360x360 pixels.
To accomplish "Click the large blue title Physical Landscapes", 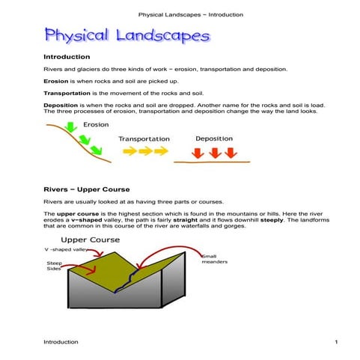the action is (x=126, y=35).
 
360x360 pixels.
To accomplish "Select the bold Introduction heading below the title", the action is (x=67, y=57).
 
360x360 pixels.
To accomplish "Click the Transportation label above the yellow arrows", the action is (x=144, y=138).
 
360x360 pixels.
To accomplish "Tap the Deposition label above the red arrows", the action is (x=214, y=138).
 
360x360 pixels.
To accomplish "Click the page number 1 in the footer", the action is (x=336, y=342).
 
